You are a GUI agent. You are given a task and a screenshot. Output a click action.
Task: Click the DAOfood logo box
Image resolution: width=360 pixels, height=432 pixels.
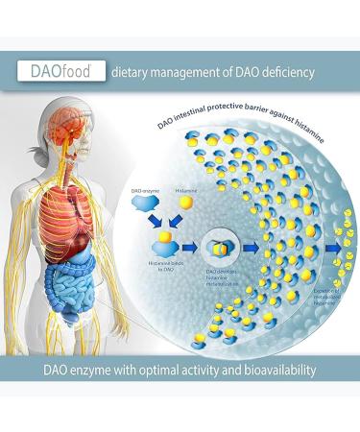(58, 70)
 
